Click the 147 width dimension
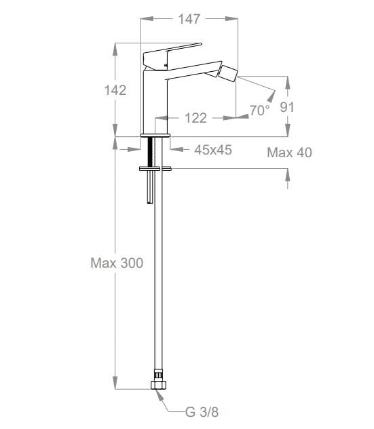click(189, 19)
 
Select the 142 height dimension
click(115, 90)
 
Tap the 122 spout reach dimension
click(195, 118)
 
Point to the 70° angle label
click(259, 110)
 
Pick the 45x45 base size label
click(212, 150)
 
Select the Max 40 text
click(289, 152)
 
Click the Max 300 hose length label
click(117, 263)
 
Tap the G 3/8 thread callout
click(202, 411)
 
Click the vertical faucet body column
click(154, 102)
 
